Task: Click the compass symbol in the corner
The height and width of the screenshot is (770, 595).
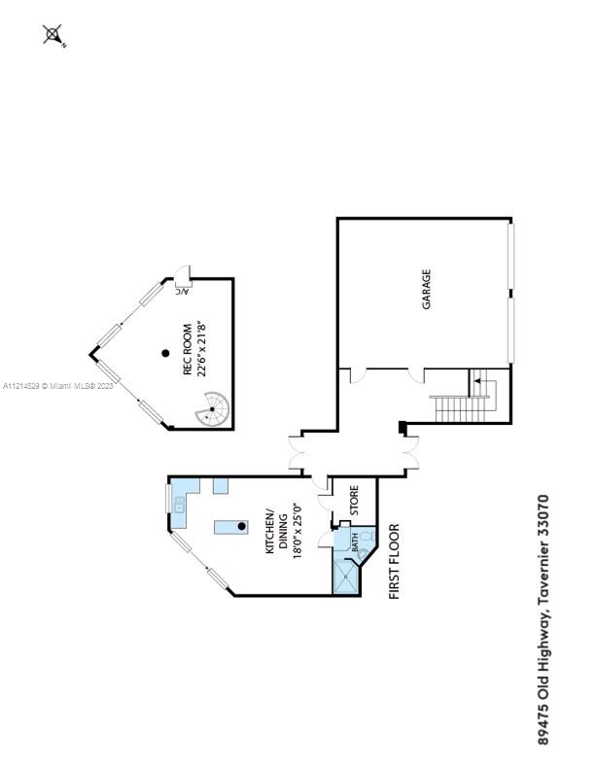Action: pyautogui.click(x=54, y=36)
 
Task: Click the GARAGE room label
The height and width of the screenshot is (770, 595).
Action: pyautogui.click(x=426, y=290)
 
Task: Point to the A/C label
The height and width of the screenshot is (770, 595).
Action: pyautogui.click(x=181, y=290)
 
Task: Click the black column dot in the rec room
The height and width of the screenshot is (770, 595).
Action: pyautogui.click(x=166, y=354)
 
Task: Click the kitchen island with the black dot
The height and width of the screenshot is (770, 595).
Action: pyautogui.click(x=232, y=527)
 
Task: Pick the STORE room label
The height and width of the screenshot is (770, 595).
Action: pyautogui.click(x=354, y=499)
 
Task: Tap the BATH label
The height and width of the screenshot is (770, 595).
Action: pyautogui.click(x=355, y=542)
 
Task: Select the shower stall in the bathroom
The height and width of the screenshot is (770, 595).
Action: pyautogui.click(x=345, y=575)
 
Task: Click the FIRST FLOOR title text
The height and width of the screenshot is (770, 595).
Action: pyautogui.click(x=395, y=562)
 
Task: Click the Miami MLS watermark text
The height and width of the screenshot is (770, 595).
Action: pyautogui.click(x=58, y=386)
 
